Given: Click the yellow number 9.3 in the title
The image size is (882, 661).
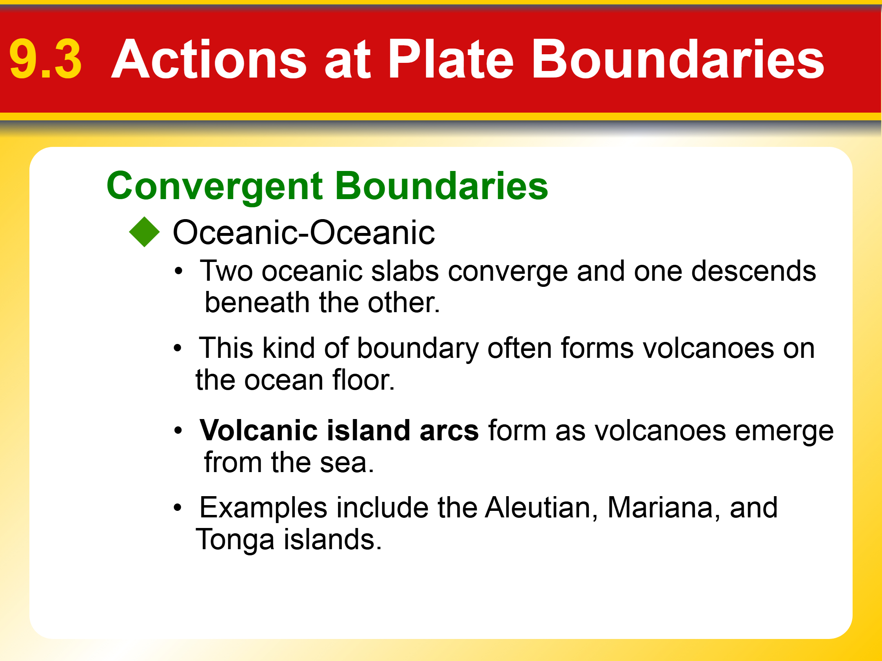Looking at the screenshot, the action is (45, 59).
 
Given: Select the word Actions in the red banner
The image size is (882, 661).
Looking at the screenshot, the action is (209, 59).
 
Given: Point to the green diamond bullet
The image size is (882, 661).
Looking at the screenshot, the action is (144, 232).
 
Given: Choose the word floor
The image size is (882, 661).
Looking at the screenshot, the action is (363, 380).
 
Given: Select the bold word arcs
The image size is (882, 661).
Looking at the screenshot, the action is (449, 430).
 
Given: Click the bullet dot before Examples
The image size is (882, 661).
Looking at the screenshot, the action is (177, 508).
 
